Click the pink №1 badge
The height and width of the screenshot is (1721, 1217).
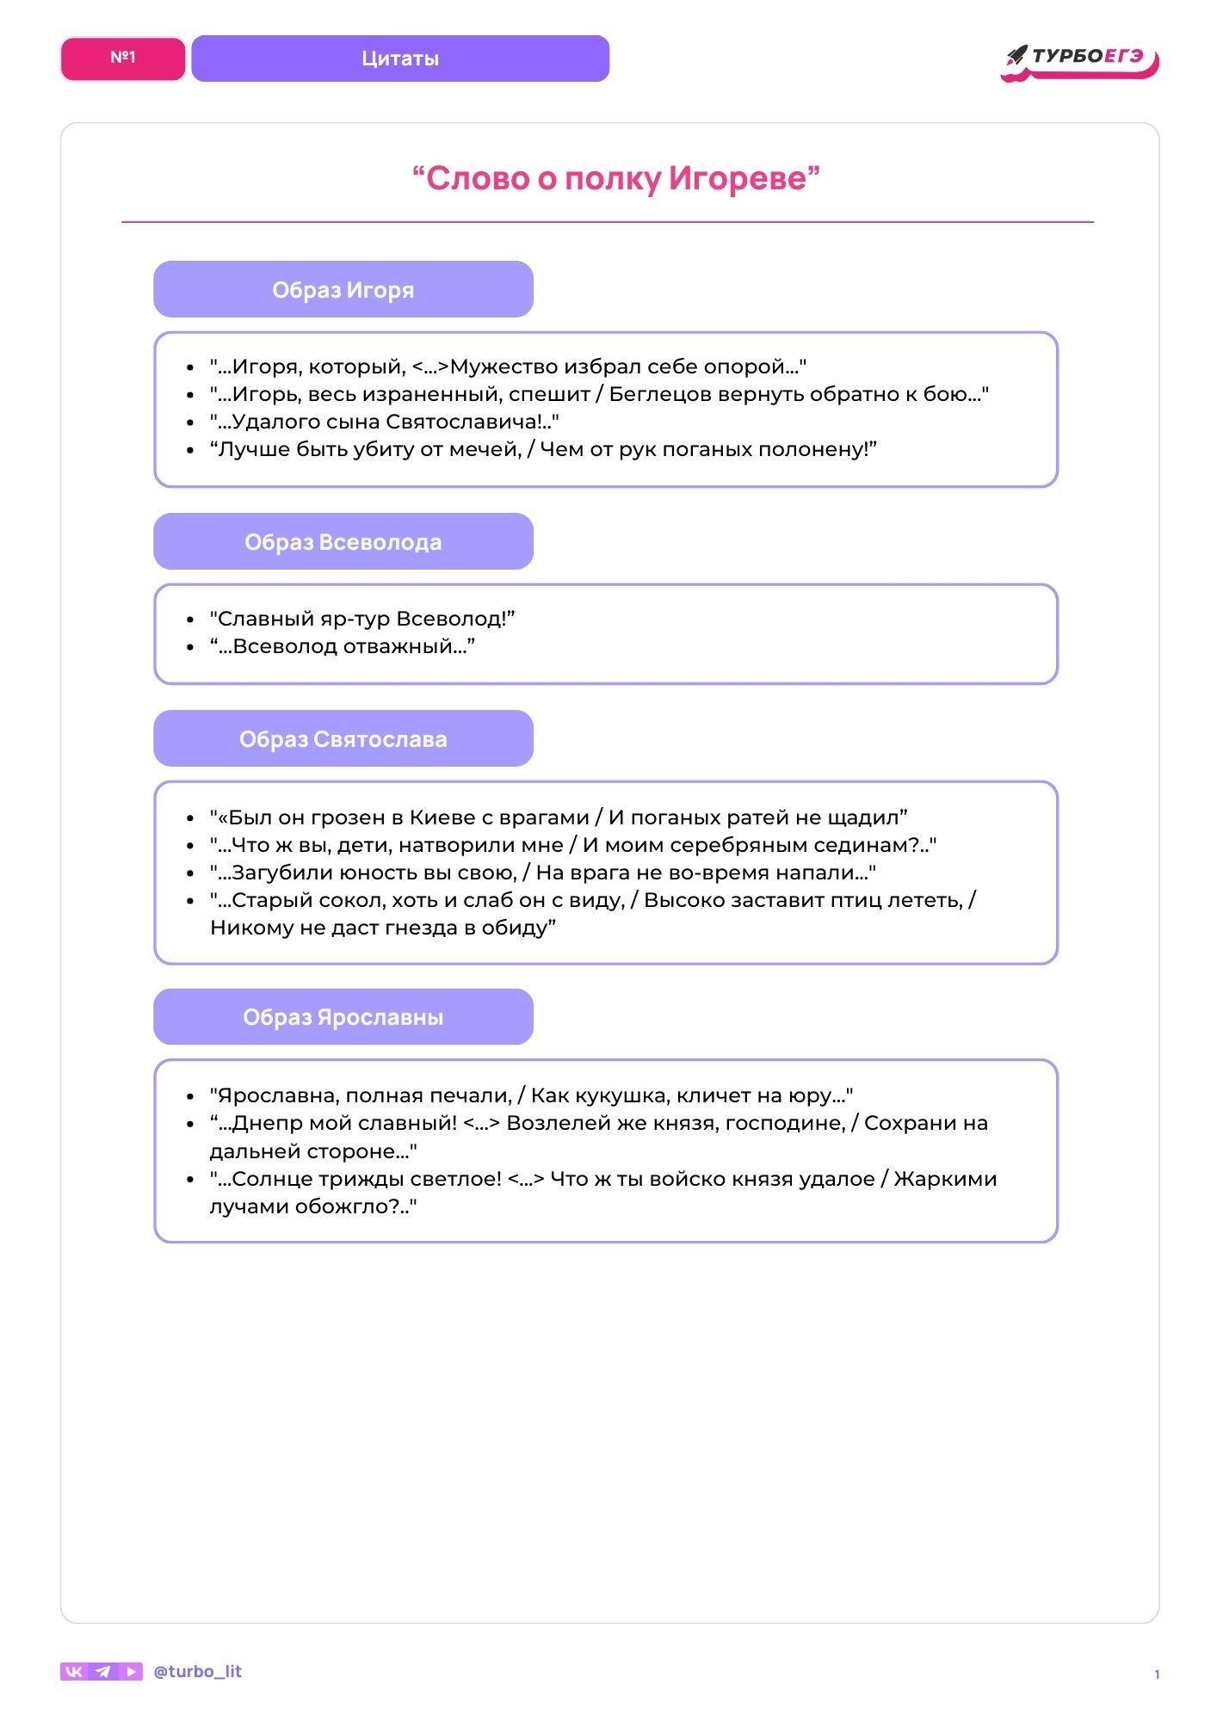tap(123, 59)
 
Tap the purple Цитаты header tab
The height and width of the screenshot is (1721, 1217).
tap(400, 59)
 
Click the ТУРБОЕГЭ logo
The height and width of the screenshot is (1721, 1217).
tap(1081, 60)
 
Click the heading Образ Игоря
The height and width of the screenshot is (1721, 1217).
tap(343, 290)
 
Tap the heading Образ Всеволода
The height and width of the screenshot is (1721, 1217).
tap(343, 542)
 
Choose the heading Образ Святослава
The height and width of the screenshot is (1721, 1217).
tap(343, 739)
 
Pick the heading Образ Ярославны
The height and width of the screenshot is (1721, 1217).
tap(343, 1017)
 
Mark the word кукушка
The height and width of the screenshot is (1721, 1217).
tap(621, 1096)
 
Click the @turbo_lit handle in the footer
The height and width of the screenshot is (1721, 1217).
tap(197, 1672)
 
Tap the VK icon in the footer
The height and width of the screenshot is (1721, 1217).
tap(74, 1672)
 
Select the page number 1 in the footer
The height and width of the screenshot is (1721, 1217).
tap(1157, 1675)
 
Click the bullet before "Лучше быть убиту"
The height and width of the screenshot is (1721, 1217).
tap(190, 450)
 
